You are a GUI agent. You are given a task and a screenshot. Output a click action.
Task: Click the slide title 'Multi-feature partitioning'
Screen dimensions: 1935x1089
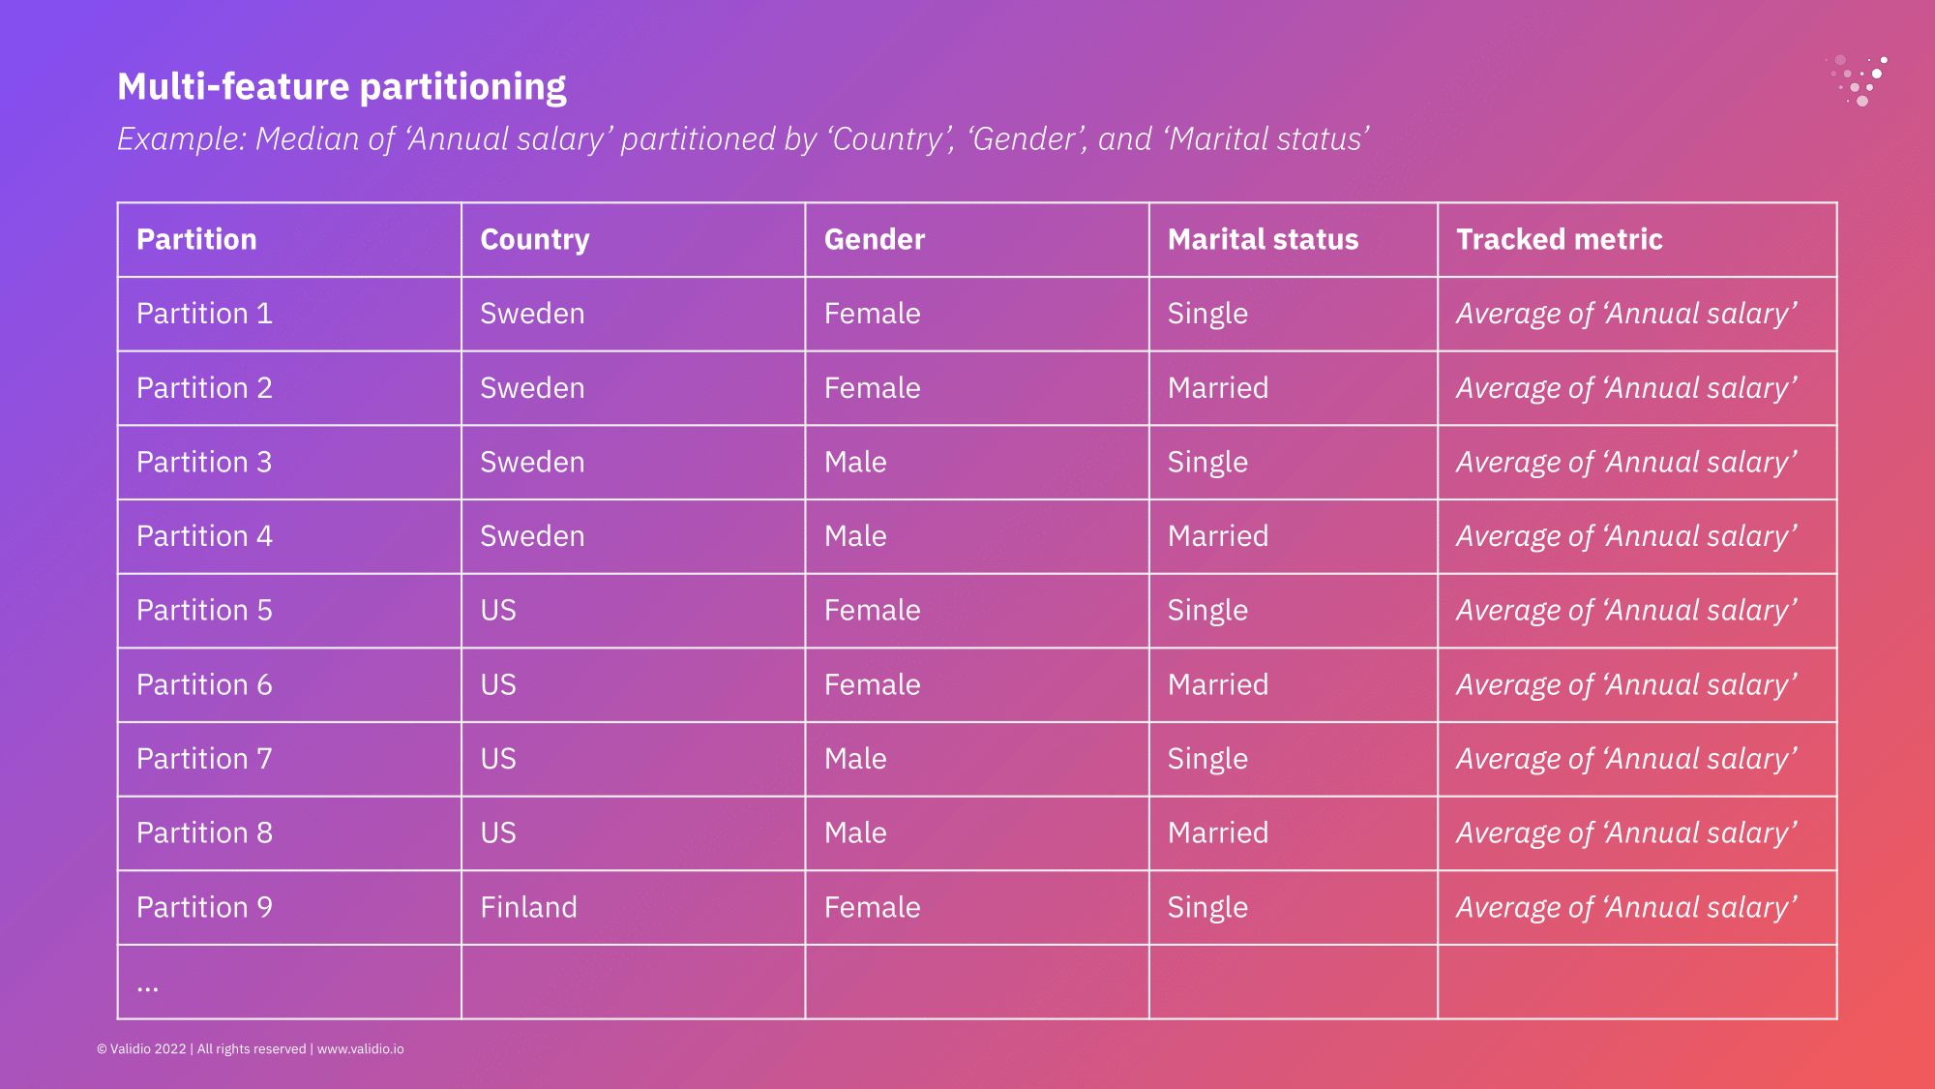point(342,87)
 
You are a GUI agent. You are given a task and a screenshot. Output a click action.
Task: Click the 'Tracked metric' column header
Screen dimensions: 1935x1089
point(1560,239)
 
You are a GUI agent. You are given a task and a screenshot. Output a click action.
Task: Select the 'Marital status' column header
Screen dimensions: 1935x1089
point(1263,239)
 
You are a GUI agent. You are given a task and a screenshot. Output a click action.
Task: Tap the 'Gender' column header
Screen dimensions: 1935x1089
point(875,239)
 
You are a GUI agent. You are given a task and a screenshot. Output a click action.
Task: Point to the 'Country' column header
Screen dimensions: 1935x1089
point(535,240)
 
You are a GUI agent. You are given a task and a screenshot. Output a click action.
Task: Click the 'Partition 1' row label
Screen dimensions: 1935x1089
point(204,314)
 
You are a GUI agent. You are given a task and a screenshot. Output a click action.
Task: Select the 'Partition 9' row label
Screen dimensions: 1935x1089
point(204,907)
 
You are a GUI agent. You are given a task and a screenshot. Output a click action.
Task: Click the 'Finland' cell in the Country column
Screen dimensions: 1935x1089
point(528,907)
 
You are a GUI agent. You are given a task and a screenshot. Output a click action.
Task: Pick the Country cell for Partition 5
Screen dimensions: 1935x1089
point(498,610)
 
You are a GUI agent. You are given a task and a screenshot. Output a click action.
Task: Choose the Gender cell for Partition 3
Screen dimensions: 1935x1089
point(855,462)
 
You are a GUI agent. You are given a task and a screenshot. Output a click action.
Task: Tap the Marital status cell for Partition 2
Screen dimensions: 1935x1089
point(1218,387)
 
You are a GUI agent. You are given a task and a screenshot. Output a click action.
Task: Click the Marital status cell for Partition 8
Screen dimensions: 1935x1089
point(1218,832)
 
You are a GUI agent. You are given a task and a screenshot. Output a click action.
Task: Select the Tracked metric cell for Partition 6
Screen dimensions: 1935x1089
point(1626,685)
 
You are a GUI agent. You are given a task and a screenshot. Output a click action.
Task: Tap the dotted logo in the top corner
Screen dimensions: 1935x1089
point(1858,79)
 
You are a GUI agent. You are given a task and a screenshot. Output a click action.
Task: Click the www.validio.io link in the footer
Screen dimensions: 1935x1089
point(361,1049)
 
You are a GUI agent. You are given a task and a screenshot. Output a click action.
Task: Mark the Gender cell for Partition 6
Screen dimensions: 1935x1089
point(872,684)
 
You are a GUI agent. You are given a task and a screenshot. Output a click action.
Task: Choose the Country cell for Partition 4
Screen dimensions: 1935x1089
point(532,536)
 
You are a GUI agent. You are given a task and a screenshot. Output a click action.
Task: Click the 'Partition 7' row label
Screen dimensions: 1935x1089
point(204,759)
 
